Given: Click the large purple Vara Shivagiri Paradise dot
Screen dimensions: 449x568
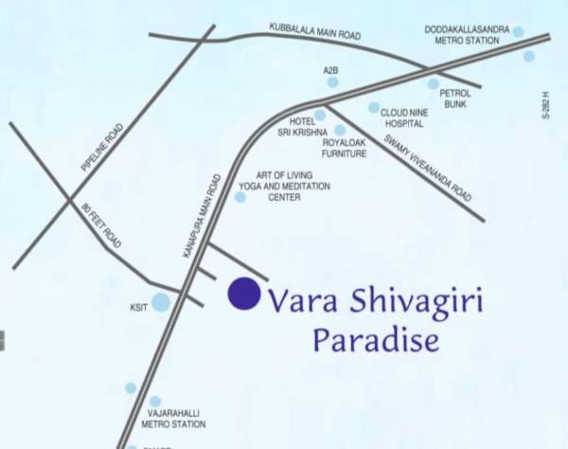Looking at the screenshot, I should [244, 294].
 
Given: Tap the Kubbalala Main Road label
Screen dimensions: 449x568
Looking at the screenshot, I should [314, 30].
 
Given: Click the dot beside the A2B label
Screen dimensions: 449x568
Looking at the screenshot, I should [333, 82].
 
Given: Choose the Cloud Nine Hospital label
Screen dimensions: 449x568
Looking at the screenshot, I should [406, 117].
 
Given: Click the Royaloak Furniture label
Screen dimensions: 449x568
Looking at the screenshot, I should [344, 146].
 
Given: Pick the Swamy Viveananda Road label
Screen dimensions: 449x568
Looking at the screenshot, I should [426, 167].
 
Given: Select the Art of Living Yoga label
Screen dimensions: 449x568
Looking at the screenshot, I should [284, 192].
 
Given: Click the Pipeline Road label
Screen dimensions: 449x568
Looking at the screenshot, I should [102, 150].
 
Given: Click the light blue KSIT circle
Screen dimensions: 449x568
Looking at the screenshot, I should [161, 302].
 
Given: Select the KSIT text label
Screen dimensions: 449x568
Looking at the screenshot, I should [138, 309].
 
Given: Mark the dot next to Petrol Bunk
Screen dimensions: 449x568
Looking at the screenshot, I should [434, 83].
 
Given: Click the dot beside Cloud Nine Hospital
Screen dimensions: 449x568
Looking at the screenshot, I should [374, 108].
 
